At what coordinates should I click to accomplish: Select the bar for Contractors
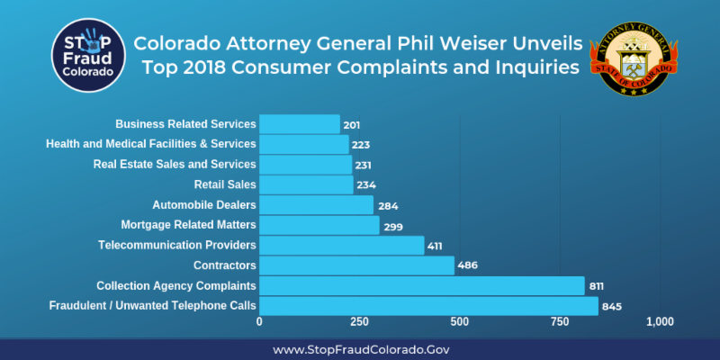tap(356, 265)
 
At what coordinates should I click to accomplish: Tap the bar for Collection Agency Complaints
tap(421, 286)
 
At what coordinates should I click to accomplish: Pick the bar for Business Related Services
tap(300, 124)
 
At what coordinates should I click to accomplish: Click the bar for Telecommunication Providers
tap(341, 245)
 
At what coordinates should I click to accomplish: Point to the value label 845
tap(612, 307)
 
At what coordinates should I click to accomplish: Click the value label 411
tap(437, 245)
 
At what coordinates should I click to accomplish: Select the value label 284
tap(388, 205)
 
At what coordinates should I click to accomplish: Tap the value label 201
tap(352, 124)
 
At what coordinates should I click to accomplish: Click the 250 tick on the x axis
tap(359, 321)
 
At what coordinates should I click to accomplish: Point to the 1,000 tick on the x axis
tap(660, 321)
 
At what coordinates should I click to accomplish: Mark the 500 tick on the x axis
tap(460, 321)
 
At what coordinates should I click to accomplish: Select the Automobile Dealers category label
tap(204, 205)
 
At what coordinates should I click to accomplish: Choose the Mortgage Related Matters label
tap(189, 225)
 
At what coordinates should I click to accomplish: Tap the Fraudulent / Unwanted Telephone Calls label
tap(153, 307)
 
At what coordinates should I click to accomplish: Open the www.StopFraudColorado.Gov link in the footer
tap(360, 349)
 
